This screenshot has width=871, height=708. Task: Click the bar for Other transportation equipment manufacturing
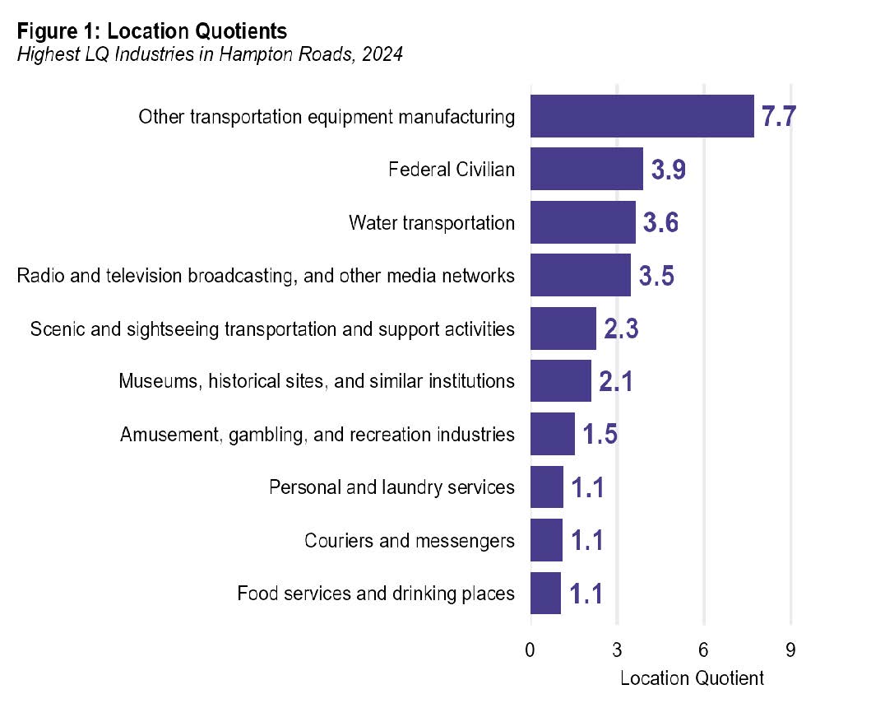pos(642,116)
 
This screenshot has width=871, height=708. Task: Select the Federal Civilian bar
pos(586,170)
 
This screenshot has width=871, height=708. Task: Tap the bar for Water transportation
pos(582,222)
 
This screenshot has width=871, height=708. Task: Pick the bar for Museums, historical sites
pos(560,381)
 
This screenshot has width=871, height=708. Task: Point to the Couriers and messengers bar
pos(546,540)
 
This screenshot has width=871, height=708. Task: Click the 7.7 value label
pos(778,117)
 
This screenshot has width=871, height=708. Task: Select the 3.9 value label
pos(669,170)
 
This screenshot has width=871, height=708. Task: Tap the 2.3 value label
pos(621,329)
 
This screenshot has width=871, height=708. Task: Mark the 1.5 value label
pos(600,435)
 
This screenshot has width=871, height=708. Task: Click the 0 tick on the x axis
pos(530,650)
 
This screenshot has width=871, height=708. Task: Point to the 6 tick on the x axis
pos(704,650)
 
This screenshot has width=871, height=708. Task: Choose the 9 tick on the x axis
pos(790,650)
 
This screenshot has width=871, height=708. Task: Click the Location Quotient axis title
pos(691,678)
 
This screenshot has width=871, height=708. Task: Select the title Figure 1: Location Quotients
pos(152,31)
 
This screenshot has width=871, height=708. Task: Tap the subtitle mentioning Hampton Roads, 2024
pos(210,56)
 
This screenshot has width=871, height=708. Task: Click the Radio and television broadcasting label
pos(266,276)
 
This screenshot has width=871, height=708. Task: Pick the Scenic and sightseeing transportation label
pos(272,329)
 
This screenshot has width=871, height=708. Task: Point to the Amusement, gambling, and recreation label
pos(317,435)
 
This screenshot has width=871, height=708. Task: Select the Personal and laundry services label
pos(391,487)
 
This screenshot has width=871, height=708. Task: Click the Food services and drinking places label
pos(376,593)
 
